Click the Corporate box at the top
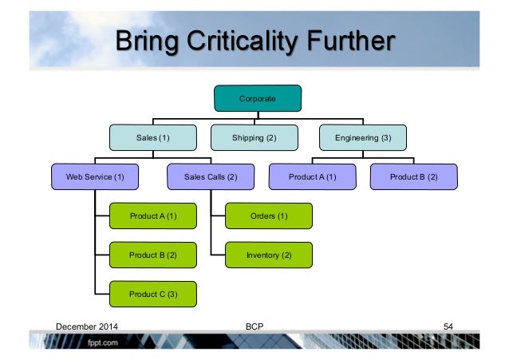tap(258, 98)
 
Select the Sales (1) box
tap(152, 137)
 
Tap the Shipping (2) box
tap(254, 137)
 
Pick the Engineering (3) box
tap(363, 137)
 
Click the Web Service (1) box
tap(94, 176)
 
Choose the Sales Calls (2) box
tap(211, 176)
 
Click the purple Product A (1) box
tap(313, 176)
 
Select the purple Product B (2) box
tap(415, 176)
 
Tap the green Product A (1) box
tap(152, 216)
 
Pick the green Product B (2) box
tap(152, 255)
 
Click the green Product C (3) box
tap(152, 294)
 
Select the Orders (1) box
tap(269, 216)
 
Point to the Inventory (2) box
tap(269, 255)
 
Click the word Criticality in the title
tap(239, 41)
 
